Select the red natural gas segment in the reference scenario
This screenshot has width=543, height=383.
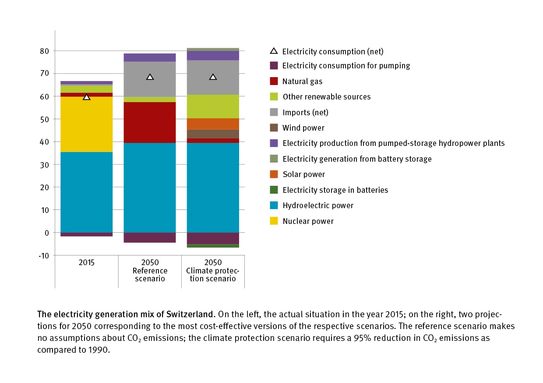(150, 122)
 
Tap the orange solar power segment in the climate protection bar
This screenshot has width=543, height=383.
(213, 124)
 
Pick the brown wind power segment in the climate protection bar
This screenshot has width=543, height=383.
(213, 134)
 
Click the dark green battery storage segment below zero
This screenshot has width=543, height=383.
(213, 246)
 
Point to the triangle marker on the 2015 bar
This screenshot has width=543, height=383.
(87, 97)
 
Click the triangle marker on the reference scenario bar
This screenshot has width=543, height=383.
(150, 77)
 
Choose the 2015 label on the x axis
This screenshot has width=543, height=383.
(86, 263)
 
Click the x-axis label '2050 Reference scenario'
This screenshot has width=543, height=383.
(150, 270)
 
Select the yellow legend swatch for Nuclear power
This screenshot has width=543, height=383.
(274, 221)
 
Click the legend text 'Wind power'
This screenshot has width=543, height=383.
(303, 128)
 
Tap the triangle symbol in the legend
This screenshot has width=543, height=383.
(274, 51)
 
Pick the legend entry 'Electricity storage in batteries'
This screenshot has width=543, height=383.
(335, 190)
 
